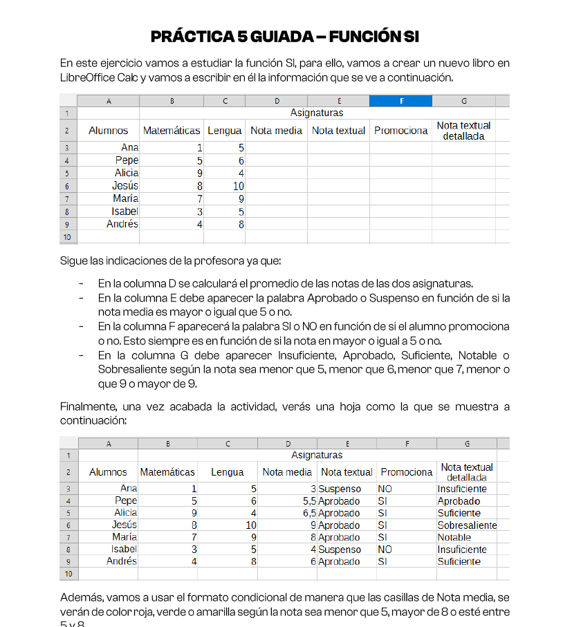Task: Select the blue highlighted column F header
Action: pyautogui.click(x=400, y=101)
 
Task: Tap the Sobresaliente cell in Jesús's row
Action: pyautogui.click(x=467, y=525)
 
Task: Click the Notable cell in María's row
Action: pyautogui.click(x=454, y=537)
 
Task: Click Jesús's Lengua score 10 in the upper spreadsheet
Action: pyautogui.click(x=238, y=186)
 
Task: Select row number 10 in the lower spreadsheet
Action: pyautogui.click(x=68, y=574)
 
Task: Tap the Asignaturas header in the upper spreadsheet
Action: pyautogui.click(x=317, y=113)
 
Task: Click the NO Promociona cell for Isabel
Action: pyautogui.click(x=385, y=550)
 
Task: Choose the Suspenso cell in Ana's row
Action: pyautogui.click(x=340, y=489)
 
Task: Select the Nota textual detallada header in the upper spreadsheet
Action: pyautogui.click(x=463, y=131)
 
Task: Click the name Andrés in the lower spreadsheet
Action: pyautogui.click(x=122, y=561)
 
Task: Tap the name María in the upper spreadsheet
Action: pyautogui.click(x=125, y=198)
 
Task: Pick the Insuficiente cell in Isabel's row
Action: pyautogui.click(x=462, y=550)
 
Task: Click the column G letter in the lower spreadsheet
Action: pyautogui.click(x=467, y=444)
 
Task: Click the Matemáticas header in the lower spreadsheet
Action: pyautogui.click(x=167, y=472)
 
